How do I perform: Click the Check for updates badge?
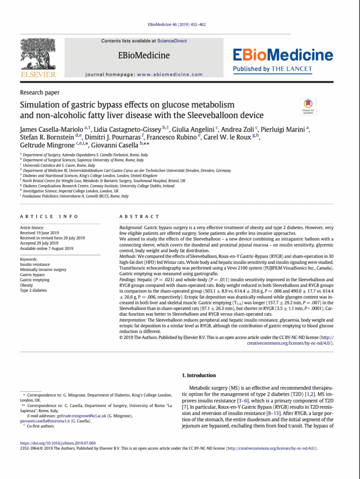pos(308,107)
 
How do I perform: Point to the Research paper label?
pos(39,93)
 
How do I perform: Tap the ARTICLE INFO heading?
pos(46,217)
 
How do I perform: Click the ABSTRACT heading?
pos(139,217)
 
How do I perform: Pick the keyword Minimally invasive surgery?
pos(43,270)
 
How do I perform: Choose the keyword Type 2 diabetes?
pos(34,290)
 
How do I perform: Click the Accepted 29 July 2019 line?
pos(39,243)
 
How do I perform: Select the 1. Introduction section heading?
pos(199,375)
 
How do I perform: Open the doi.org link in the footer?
pos(58,443)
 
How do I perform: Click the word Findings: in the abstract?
pos(130,279)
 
